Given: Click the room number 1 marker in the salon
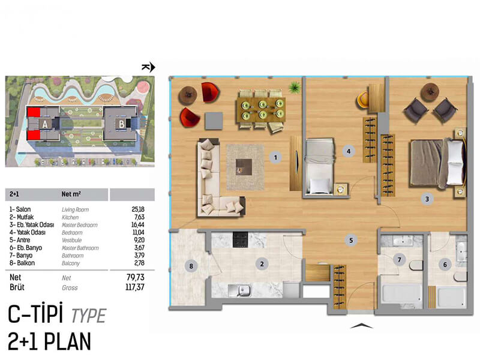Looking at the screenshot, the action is point(275,157).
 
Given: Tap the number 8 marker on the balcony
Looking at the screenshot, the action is point(191,266).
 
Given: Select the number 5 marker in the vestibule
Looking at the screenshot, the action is point(351,241).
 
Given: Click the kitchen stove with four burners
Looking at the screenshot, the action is point(241,240).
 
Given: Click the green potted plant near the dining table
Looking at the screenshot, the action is point(295,88).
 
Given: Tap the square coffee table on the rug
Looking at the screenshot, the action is point(244,167).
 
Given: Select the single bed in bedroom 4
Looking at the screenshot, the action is point(319,166).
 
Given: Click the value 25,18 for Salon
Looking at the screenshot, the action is point(138,209).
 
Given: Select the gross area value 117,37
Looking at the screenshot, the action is point(134,287).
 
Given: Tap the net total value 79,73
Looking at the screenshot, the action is point(136,277).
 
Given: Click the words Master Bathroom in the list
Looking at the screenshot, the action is point(80,248).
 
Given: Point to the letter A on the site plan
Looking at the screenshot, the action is point(45,124).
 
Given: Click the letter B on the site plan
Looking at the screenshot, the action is point(122,124).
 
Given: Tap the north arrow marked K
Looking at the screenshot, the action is point(148,67).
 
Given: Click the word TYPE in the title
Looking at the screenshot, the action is point(89,316).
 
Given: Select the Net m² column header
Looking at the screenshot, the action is point(71,194).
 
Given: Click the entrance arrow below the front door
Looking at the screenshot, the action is point(361,326).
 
